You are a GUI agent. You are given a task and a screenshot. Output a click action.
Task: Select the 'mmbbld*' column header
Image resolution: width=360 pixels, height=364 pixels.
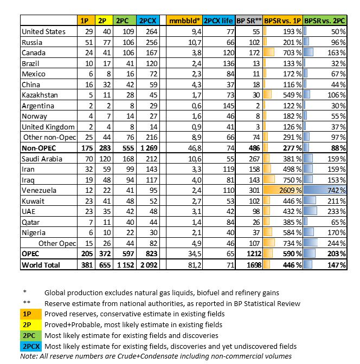click(x=184, y=21)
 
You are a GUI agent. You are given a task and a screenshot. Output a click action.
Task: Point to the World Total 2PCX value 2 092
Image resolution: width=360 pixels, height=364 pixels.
click(x=148, y=265)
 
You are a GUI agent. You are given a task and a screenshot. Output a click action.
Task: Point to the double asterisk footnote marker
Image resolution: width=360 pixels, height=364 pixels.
click(x=27, y=303)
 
